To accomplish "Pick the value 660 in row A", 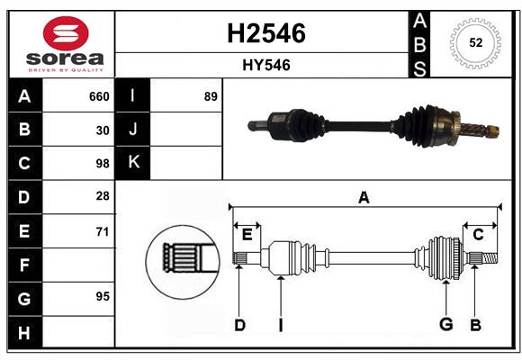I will (x=98, y=96).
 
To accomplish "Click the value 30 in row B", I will (x=102, y=130).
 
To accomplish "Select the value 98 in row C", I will (x=102, y=164).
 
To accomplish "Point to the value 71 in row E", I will (x=102, y=231).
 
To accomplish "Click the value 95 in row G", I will (x=102, y=296).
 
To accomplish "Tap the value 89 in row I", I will (x=211, y=96).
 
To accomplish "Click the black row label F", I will (x=24, y=265).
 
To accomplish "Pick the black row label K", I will (x=133, y=163).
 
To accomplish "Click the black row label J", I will (x=133, y=130).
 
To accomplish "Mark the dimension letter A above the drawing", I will (x=364, y=198).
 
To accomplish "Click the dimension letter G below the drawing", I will (x=445, y=325).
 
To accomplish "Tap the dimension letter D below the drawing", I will (x=239, y=325).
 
